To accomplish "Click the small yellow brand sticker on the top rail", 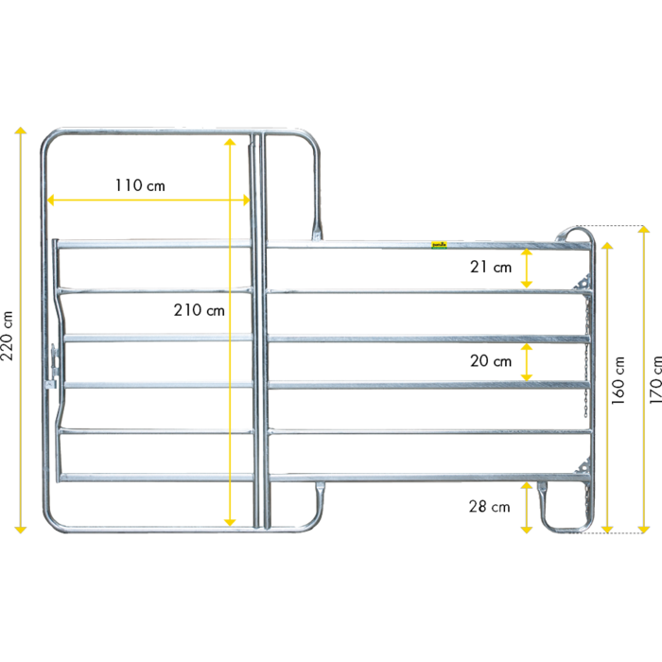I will tap(439, 244).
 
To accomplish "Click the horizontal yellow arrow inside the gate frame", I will tap(148, 200).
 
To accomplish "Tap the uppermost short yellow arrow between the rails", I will tap(527, 269).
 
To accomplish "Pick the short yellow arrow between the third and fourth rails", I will tap(527, 362).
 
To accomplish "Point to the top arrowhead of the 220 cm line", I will tap(19, 131).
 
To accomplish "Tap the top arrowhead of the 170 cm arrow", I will tap(644, 232).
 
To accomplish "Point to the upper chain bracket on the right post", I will tap(584, 282).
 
